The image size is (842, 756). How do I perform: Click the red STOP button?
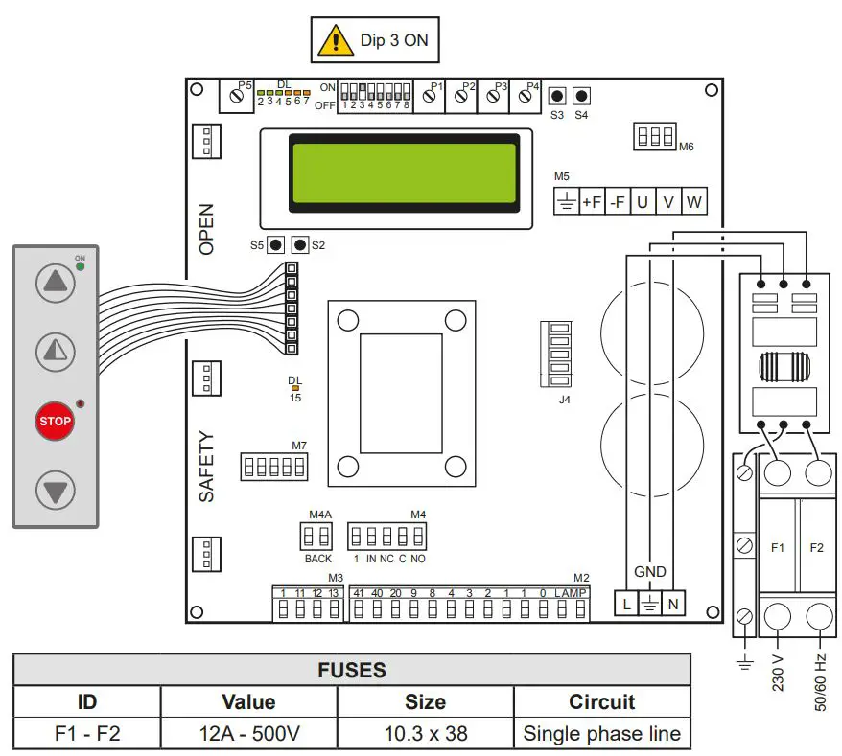tap(56, 421)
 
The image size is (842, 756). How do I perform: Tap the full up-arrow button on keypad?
tap(56, 283)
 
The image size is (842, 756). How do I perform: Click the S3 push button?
tap(556, 96)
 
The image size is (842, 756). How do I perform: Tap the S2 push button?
tap(300, 245)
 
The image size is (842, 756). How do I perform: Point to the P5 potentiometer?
tap(236, 97)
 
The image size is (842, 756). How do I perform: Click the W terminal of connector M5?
tap(692, 202)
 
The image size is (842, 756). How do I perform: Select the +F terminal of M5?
tap(593, 202)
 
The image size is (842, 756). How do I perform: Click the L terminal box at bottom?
tap(625, 605)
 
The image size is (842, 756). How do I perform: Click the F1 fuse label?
tap(778, 548)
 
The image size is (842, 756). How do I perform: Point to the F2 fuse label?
tap(816, 548)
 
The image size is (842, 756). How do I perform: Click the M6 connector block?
tap(655, 137)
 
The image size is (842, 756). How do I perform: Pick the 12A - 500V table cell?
tap(248, 733)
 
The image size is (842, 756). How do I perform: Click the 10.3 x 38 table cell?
tap(425, 733)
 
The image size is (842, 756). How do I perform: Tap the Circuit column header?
tap(601, 701)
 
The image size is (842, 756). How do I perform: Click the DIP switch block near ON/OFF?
tap(375, 97)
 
